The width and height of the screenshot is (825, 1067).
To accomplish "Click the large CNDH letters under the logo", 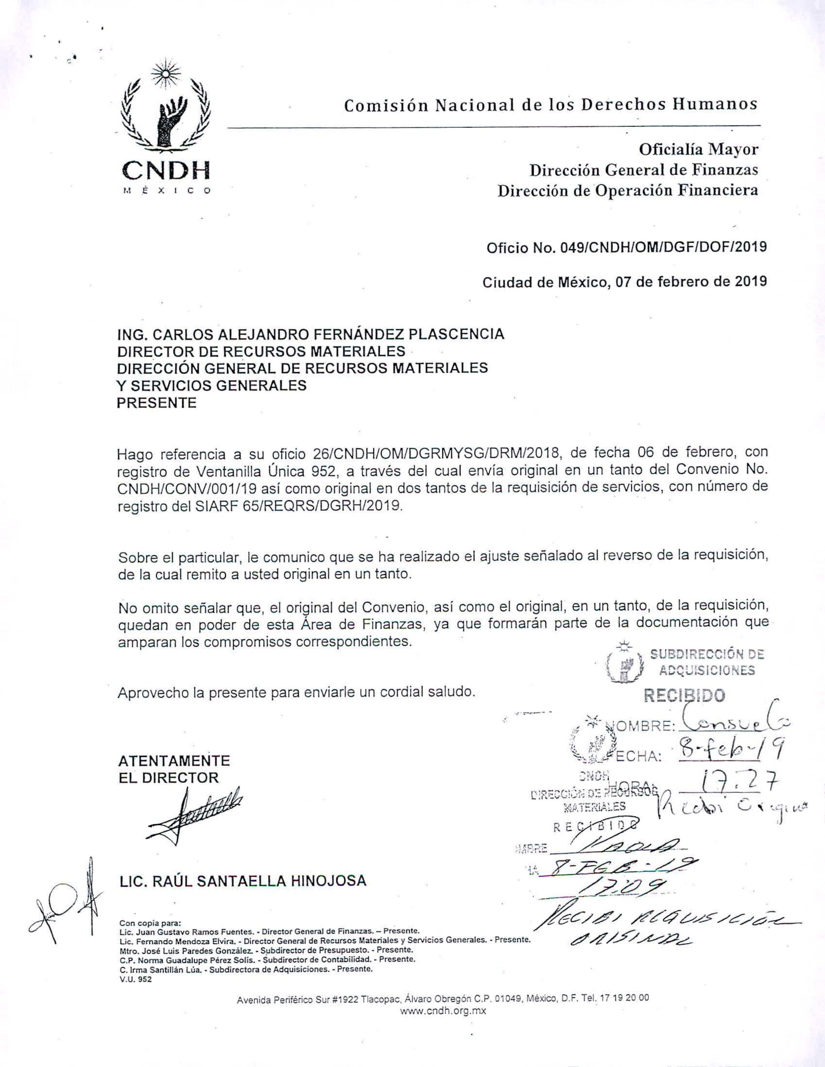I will [166, 171].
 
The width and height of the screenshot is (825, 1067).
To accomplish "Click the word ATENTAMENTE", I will [174, 761].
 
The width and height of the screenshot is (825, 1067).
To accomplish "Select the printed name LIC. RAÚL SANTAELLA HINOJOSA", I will [243, 881].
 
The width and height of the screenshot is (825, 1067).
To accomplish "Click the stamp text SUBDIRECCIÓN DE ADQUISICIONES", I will [706, 662].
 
